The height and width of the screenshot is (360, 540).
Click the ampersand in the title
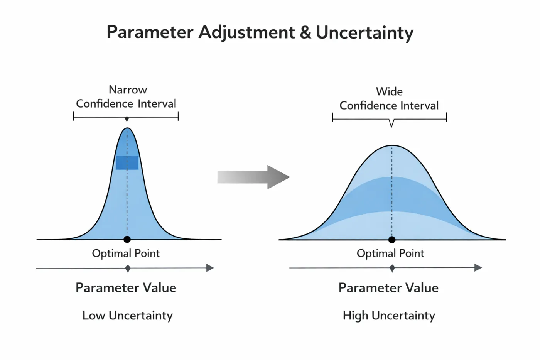(305, 32)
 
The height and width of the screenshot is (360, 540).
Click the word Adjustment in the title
(246, 33)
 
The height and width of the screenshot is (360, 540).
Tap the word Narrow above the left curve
(128, 90)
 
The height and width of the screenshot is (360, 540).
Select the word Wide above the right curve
(389, 91)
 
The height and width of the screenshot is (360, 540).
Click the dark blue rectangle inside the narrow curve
(127, 163)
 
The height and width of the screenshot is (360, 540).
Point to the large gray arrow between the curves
(253, 177)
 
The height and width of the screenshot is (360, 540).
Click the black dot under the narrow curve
(127, 240)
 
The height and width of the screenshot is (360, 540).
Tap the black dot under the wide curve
(392, 240)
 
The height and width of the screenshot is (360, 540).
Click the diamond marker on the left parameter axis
(128, 269)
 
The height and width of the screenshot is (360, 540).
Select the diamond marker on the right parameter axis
(392, 268)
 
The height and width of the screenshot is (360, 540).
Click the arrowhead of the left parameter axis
(210, 268)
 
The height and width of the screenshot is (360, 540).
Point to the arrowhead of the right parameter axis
(478, 268)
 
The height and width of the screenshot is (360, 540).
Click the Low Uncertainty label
(128, 316)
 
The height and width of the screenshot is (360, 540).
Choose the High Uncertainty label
(389, 316)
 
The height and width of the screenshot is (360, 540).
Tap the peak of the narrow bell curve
(127, 128)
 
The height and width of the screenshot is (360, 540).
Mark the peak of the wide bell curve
(392, 145)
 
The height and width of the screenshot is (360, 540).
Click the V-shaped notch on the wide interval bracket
(391, 123)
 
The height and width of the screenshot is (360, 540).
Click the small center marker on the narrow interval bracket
(127, 119)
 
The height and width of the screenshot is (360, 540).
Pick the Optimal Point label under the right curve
(390, 254)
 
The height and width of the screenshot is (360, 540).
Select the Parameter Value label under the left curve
(126, 288)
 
